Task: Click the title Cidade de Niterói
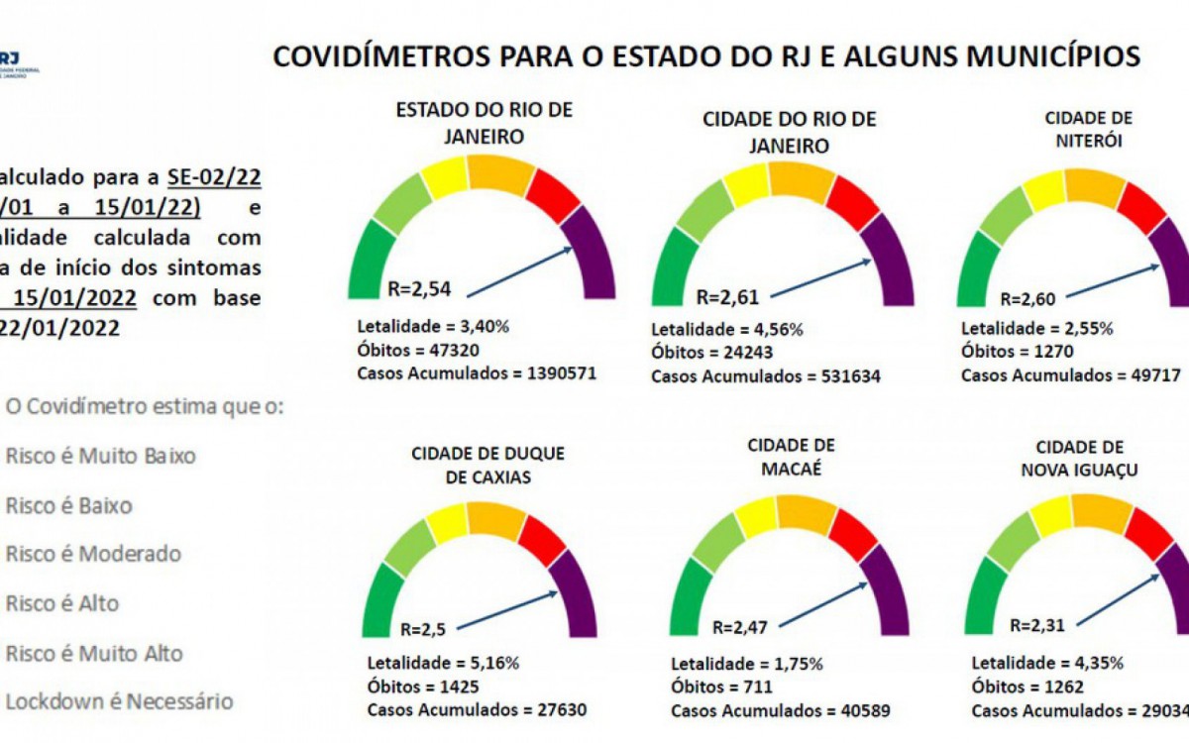coord(1088,129)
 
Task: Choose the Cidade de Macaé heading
coord(791,456)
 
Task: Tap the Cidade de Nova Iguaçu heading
coord(1079,458)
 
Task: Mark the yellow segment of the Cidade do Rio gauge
coord(744,185)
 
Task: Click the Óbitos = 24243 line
coord(711,353)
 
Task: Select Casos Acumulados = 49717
coord(1074,375)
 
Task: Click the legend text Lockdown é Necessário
coord(120,701)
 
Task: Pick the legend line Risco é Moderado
coord(93,554)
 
